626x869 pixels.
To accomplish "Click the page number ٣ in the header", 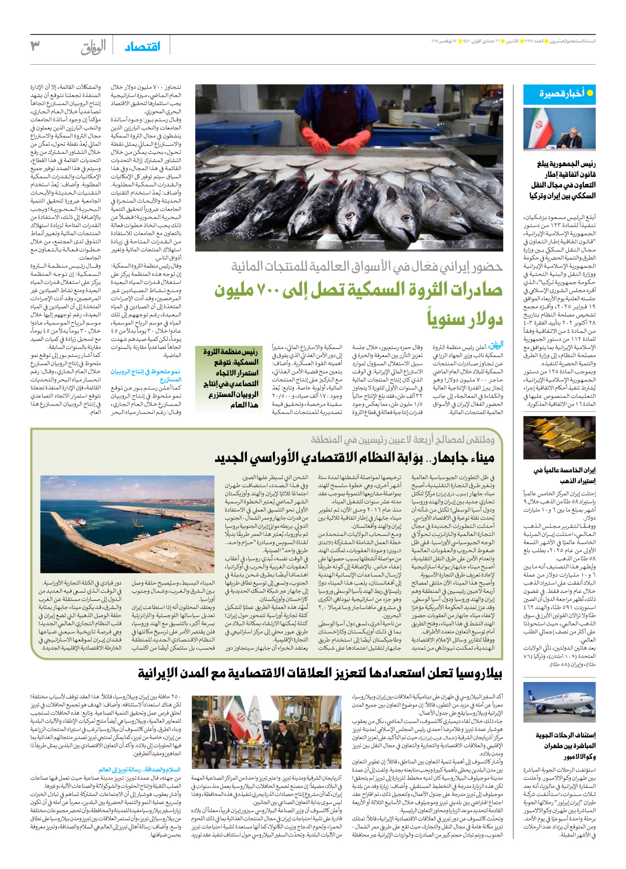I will tap(36, 47).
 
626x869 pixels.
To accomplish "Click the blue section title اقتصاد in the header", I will tap(143, 47).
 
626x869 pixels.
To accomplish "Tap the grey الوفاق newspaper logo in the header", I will tap(93, 48).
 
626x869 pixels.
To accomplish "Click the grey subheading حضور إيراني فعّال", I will tap(367, 267).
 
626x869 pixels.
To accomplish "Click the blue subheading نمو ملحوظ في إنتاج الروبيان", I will tap(146, 375).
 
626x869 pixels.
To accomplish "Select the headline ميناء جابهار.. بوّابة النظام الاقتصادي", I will tap(355, 458).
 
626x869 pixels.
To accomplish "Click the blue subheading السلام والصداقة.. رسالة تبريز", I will tap(139, 769).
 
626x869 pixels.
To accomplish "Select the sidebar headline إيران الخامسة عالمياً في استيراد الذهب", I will tap(564, 475).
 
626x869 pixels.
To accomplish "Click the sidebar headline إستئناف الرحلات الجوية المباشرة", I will tap(565, 746).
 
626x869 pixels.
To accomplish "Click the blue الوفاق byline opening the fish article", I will tap(495, 345).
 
